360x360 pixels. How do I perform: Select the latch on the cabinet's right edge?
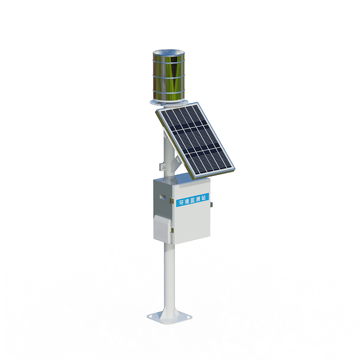(211, 205)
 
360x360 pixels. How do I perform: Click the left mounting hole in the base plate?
(153, 317)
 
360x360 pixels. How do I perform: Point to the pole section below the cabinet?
(169, 274)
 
